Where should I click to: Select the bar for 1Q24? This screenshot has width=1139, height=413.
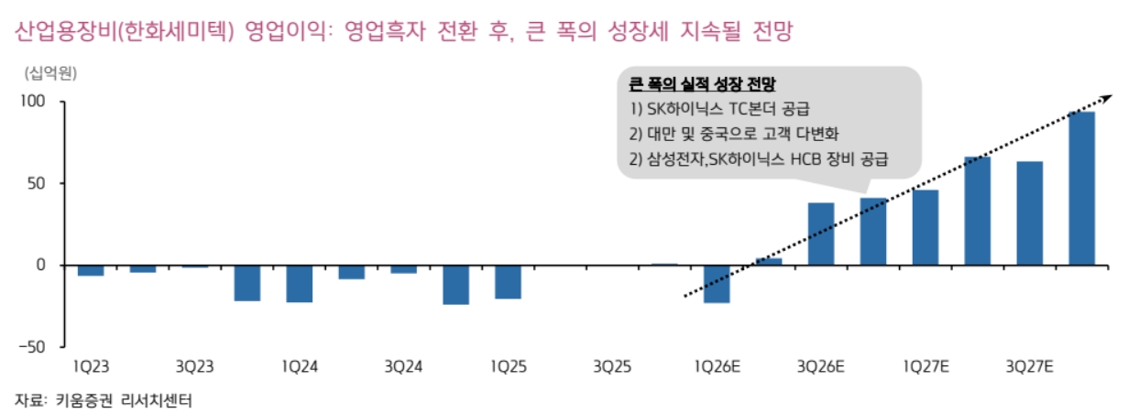[x=300, y=283]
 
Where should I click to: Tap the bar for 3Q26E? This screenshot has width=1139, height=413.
[x=821, y=234]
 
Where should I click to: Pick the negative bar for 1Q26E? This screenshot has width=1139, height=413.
[x=717, y=283]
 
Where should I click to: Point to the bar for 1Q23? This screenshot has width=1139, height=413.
[x=91, y=270]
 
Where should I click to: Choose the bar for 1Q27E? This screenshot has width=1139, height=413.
[x=925, y=227]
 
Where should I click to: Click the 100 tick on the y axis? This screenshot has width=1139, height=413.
[x=33, y=101]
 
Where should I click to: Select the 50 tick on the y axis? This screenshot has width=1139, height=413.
[x=37, y=183]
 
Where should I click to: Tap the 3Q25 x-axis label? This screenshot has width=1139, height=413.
[x=612, y=367]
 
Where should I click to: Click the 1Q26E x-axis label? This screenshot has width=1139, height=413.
[x=717, y=367]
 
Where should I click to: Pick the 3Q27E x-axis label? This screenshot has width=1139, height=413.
[x=1029, y=367]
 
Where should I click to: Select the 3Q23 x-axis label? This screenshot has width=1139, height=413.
[x=195, y=367]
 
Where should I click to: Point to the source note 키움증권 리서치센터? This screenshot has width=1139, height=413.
[x=126, y=400]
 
